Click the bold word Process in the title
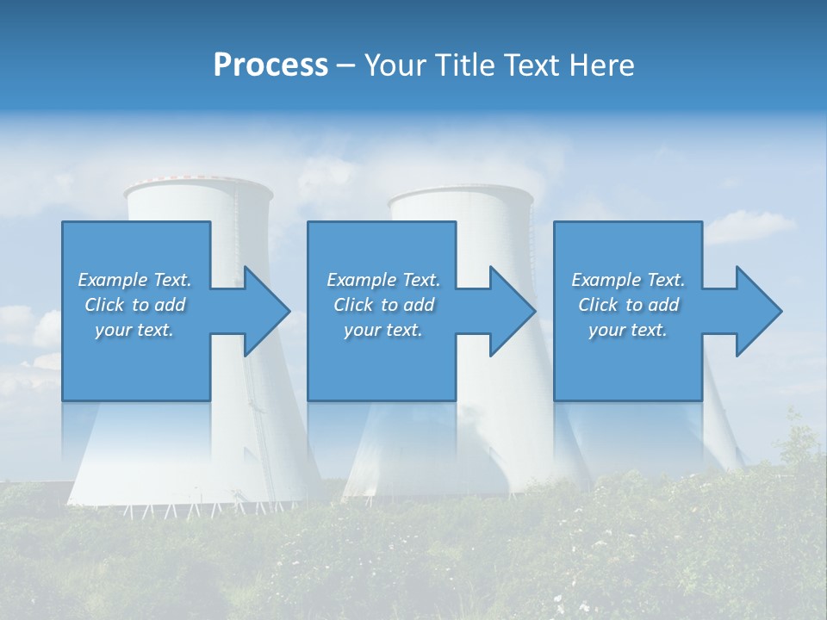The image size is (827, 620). (x=270, y=65)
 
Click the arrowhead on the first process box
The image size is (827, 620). (x=265, y=311)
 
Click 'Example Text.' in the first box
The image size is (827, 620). (x=134, y=280)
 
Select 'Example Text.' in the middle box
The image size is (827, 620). (x=382, y=280)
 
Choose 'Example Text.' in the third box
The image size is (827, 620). (x=628, y=280)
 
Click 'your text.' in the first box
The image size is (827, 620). (x=134, y=330)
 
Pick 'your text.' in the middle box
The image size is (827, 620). (x=382, y=330)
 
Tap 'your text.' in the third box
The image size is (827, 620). (x=628, y=330)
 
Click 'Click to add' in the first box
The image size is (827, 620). (x=134, y=305)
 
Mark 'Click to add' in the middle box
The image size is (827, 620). (x=382, y=305)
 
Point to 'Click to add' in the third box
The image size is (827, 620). (x=628, y=305)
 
